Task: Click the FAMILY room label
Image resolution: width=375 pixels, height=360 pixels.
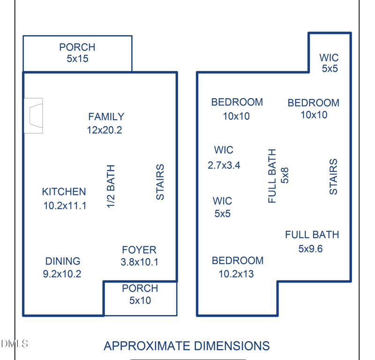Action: pos(106,117)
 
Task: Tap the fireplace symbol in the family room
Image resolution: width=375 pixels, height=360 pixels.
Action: pos(33,115)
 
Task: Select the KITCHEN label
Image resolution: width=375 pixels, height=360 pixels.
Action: pos(64,191)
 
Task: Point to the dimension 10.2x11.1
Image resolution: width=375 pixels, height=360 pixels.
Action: pos(65,206)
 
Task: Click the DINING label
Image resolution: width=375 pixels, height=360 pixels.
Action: pos(63,261)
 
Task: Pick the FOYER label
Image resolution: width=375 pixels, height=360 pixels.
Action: pos(139,250)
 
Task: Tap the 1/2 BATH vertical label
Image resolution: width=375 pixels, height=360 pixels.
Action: pos(111,186)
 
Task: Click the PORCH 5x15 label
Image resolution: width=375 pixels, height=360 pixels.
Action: pos(77,53)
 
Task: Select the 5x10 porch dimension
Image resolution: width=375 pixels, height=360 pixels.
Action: pos(140,300)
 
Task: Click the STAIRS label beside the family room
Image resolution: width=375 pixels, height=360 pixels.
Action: pos(160,182)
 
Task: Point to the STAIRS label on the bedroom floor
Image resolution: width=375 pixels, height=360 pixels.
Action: pos(333,176)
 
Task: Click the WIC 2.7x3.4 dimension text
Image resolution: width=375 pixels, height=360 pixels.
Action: pos(224,165)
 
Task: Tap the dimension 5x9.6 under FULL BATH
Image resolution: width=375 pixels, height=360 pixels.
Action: pos(310,249)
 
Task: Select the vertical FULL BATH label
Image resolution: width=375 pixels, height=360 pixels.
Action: pos(272,176)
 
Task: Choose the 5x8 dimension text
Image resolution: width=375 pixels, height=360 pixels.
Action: pos(285,176)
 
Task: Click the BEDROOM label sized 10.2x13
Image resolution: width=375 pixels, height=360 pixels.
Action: pos(238,260)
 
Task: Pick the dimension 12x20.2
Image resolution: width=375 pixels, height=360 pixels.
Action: pos(105,130)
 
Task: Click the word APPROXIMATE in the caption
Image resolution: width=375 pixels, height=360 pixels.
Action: pos(147,346)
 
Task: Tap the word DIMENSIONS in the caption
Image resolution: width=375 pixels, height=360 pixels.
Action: pos(232,346)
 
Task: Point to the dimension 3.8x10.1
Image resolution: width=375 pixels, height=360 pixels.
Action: pos(139,262)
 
